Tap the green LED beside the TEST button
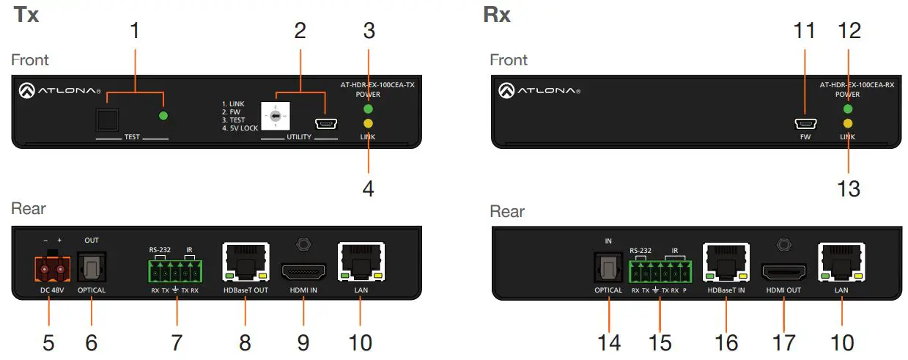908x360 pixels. [163, 116]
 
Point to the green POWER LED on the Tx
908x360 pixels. [369, 109]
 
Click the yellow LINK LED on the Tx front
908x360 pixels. [369, 124]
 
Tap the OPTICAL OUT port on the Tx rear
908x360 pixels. [92, 268]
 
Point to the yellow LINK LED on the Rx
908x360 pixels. [848, 124]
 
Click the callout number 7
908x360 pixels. [176, 341]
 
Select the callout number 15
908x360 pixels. [660, 342]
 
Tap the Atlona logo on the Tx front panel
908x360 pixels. [59, 91]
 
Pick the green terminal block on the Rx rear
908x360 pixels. [659, 273]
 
